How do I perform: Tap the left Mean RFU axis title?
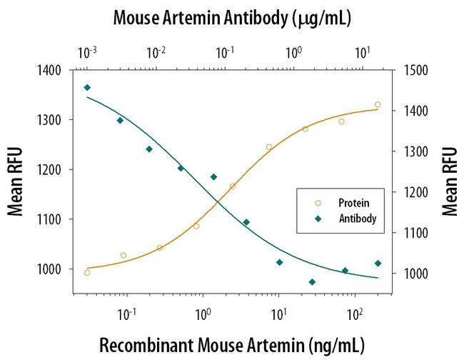[15, 181]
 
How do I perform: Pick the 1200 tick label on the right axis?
[410, 192]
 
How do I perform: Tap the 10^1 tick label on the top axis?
[363, 54]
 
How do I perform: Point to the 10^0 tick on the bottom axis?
[203, 312]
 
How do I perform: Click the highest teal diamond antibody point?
[87, 87]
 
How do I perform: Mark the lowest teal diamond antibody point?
[312, 281]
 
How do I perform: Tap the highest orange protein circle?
[378, 104]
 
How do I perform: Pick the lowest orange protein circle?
[87, 272]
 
